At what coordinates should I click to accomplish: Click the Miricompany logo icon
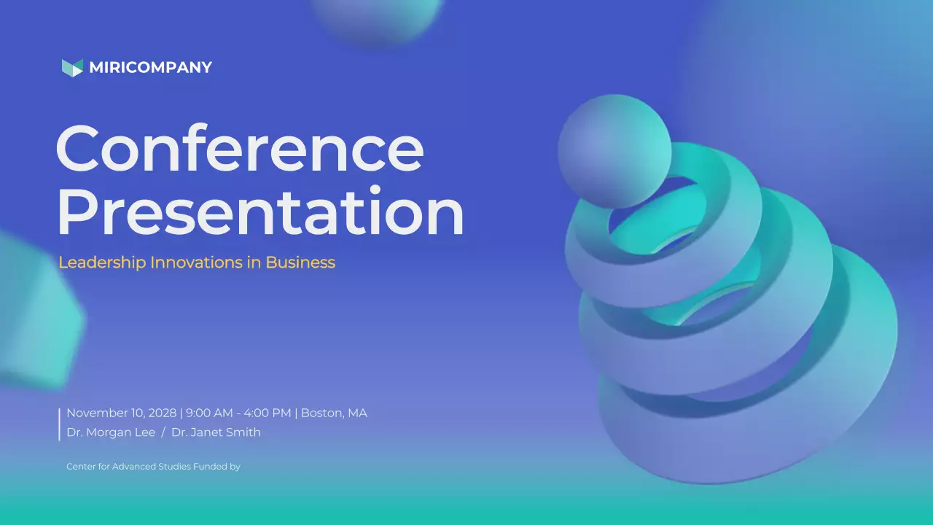72,68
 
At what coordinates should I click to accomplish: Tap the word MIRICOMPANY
150,68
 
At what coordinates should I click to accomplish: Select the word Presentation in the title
260,211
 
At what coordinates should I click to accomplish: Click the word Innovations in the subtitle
196,262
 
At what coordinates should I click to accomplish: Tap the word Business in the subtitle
300,262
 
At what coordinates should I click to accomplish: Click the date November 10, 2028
121,413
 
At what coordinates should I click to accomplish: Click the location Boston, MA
334,413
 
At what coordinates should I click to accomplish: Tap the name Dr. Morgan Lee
111,432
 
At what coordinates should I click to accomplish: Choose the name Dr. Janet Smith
216,432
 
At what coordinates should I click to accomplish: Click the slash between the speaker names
163,432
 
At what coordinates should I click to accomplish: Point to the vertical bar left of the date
59,424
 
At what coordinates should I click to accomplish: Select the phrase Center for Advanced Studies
128,467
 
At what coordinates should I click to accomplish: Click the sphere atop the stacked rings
614,150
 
